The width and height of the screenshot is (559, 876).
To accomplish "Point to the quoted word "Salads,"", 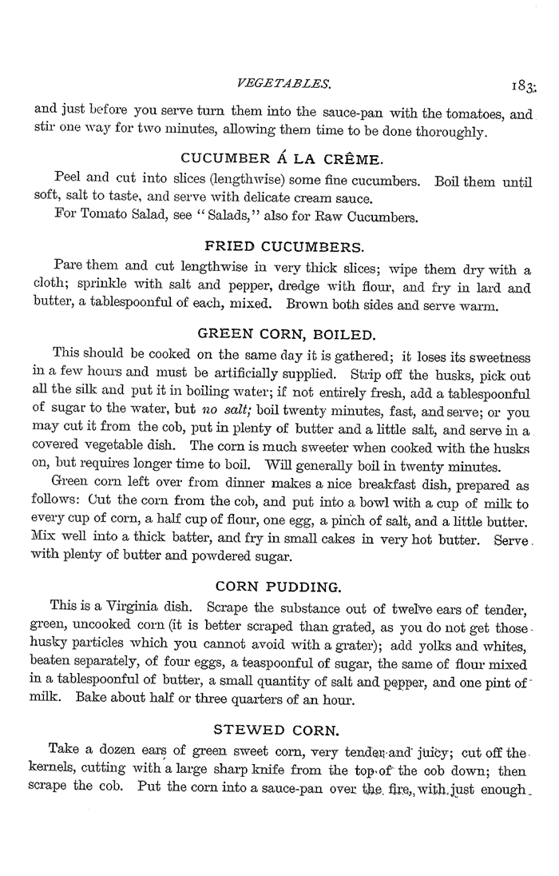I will pos(238,217).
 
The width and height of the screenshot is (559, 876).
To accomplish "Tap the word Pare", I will pos(69,266).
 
